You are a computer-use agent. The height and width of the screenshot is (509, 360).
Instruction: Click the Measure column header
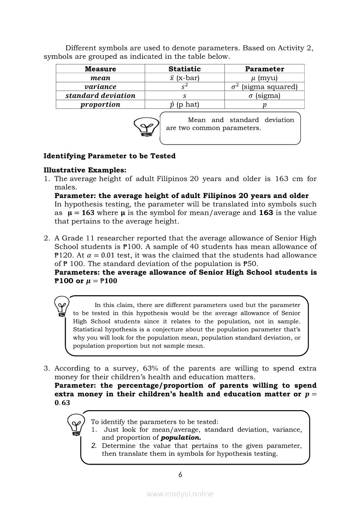coord(100,69)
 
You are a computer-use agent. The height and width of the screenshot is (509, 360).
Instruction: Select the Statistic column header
coord(184,69)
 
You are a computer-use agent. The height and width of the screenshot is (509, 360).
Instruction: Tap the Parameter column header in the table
coord(264,69)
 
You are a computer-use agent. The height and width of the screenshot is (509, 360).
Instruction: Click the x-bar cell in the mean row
coord(184,78)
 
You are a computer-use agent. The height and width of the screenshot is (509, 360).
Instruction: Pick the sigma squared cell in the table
coord(264,87)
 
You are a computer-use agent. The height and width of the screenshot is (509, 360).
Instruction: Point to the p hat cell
coord(184,104)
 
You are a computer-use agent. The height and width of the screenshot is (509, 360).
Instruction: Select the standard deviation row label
coord(100,95)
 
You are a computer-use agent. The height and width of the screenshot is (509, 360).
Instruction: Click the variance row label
coord(100,87)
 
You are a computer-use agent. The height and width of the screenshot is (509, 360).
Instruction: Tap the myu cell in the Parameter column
coord(264,78)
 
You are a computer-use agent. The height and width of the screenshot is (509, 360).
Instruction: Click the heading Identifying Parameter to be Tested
coord(109,156)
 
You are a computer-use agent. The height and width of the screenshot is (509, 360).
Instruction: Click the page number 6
coord(180,475)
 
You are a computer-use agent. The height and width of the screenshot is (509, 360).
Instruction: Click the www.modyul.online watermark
coord(180,494)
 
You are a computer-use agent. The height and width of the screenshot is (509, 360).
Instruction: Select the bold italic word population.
coord(181,438)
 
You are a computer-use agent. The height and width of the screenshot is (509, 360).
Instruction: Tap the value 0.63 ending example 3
coord(62,403)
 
